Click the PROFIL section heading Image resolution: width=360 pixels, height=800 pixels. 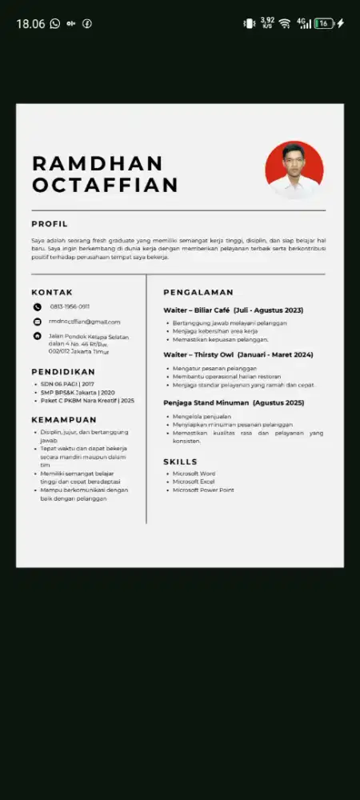click(50, 224)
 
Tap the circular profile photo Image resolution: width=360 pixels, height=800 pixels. click(294, 170)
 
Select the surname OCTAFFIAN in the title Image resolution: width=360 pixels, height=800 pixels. click(105, 185)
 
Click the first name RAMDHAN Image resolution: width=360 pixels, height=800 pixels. click(97, 163)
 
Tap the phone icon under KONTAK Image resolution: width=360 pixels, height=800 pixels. click(37, 306)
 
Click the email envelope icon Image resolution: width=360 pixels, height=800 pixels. click(37, 322)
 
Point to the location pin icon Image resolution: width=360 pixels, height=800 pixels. click(37, 336)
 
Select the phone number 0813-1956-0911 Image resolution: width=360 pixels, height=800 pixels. click(70, 306)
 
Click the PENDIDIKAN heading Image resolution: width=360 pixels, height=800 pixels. click(63, 372)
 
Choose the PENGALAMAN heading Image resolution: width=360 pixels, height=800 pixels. click(198, 293)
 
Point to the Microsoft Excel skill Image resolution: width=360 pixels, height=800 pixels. click(194, 482)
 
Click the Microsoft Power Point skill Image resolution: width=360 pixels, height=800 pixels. click(203, 490)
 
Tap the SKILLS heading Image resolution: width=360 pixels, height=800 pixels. click(180, 462)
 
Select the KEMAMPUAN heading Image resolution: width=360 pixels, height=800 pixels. click(64, 419)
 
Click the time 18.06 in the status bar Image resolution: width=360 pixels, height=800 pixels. click(30, 24)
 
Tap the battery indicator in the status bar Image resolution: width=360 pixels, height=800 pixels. click(324, 23)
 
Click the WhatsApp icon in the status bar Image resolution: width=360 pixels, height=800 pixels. click(54, 24)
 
